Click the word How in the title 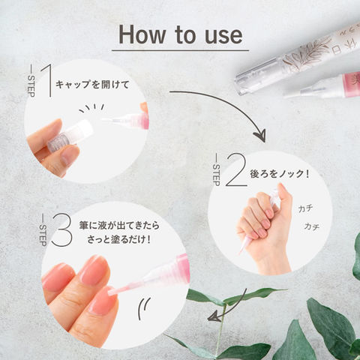pyautogui.click(x=142, y=34)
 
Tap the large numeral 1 pyautogui.click(x=47, y=80)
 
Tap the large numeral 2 pyautogui.click(x=236, y=169)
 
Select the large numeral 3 pyautogui.click(x=62, y=229)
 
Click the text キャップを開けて pyautogui.click(x=92, y=85)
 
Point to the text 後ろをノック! pyautogui.click(x=280, y=174)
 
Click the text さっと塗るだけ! pyautogui.click(x=119, y=239)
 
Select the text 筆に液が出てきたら pyautogui.click(x=119, y=226)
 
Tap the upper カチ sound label pyautogui.click(x=305, y=208)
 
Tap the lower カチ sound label pyautogui.click(x=312, y=226)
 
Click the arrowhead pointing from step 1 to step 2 pyautogui.click(x=260, y=136)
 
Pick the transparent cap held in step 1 pyautogui.click(x=70, y=136)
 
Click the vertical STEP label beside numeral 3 pyautogui.click(x=43, y=234)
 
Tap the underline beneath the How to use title pyautogui.click(x=180, y=50)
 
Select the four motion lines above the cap pyautogui.click(x=91, y=108)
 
